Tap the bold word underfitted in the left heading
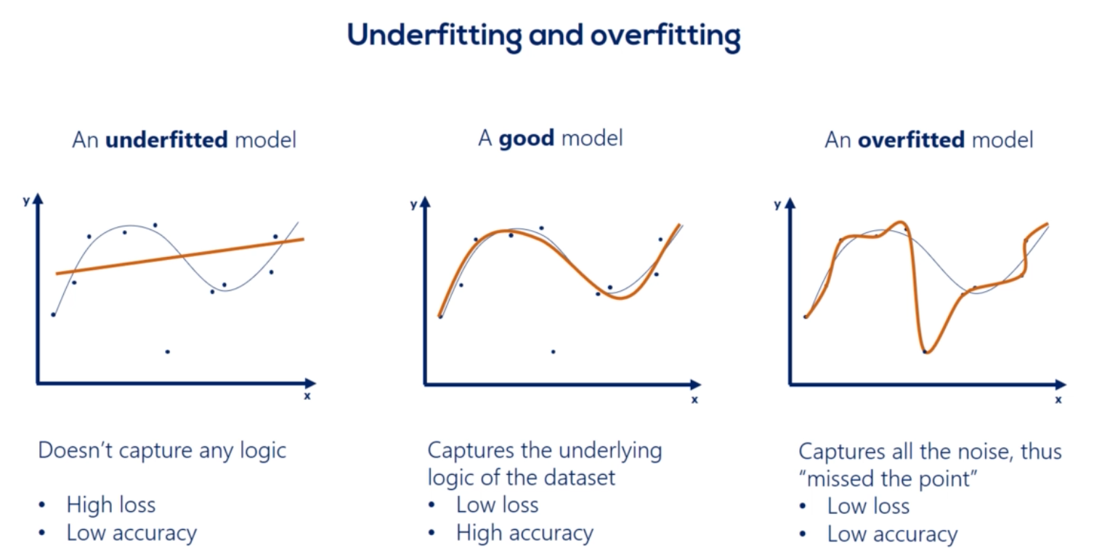[x=166, y=140]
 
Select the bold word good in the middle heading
[x=526, y=139]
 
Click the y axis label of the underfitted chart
[x=26, y=201]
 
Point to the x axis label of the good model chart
[x=694, y=399]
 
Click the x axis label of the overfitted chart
[x=1058, y=399]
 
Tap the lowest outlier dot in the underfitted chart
[x=168, y=351]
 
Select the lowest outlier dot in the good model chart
[x=553, y=351]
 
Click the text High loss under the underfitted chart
[x=110, y=505]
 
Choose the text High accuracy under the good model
[x=524, y=534]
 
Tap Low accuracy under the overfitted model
[x=892, y=535]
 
